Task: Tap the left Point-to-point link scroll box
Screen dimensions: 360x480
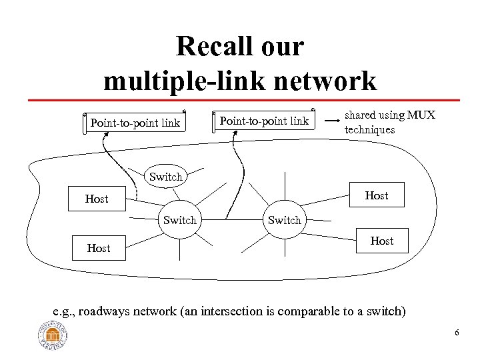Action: [135, 123]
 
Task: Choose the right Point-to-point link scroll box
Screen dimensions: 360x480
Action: [265, 121]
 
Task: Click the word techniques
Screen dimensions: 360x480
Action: [369, 129]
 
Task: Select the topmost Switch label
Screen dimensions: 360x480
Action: [165, 177]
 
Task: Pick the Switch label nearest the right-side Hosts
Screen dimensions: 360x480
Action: [285, 220]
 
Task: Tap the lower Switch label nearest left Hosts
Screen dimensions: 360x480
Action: [180, 220]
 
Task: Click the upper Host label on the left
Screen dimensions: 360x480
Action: [97, 199]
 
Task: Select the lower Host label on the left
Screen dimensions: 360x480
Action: [99, 248]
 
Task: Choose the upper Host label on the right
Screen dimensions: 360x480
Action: [377, 195]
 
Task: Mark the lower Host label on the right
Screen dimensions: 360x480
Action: [381, 241]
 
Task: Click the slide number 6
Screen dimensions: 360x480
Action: [457, 333]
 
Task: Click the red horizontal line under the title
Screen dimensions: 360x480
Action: [240, 99]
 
